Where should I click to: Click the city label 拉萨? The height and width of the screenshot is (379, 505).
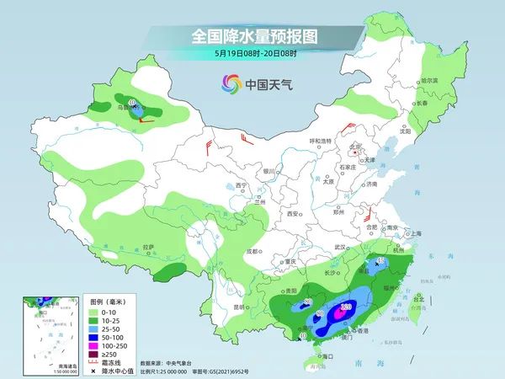149,248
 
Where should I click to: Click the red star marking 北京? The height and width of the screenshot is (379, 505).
353,145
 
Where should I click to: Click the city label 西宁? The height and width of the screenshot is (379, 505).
241,184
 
